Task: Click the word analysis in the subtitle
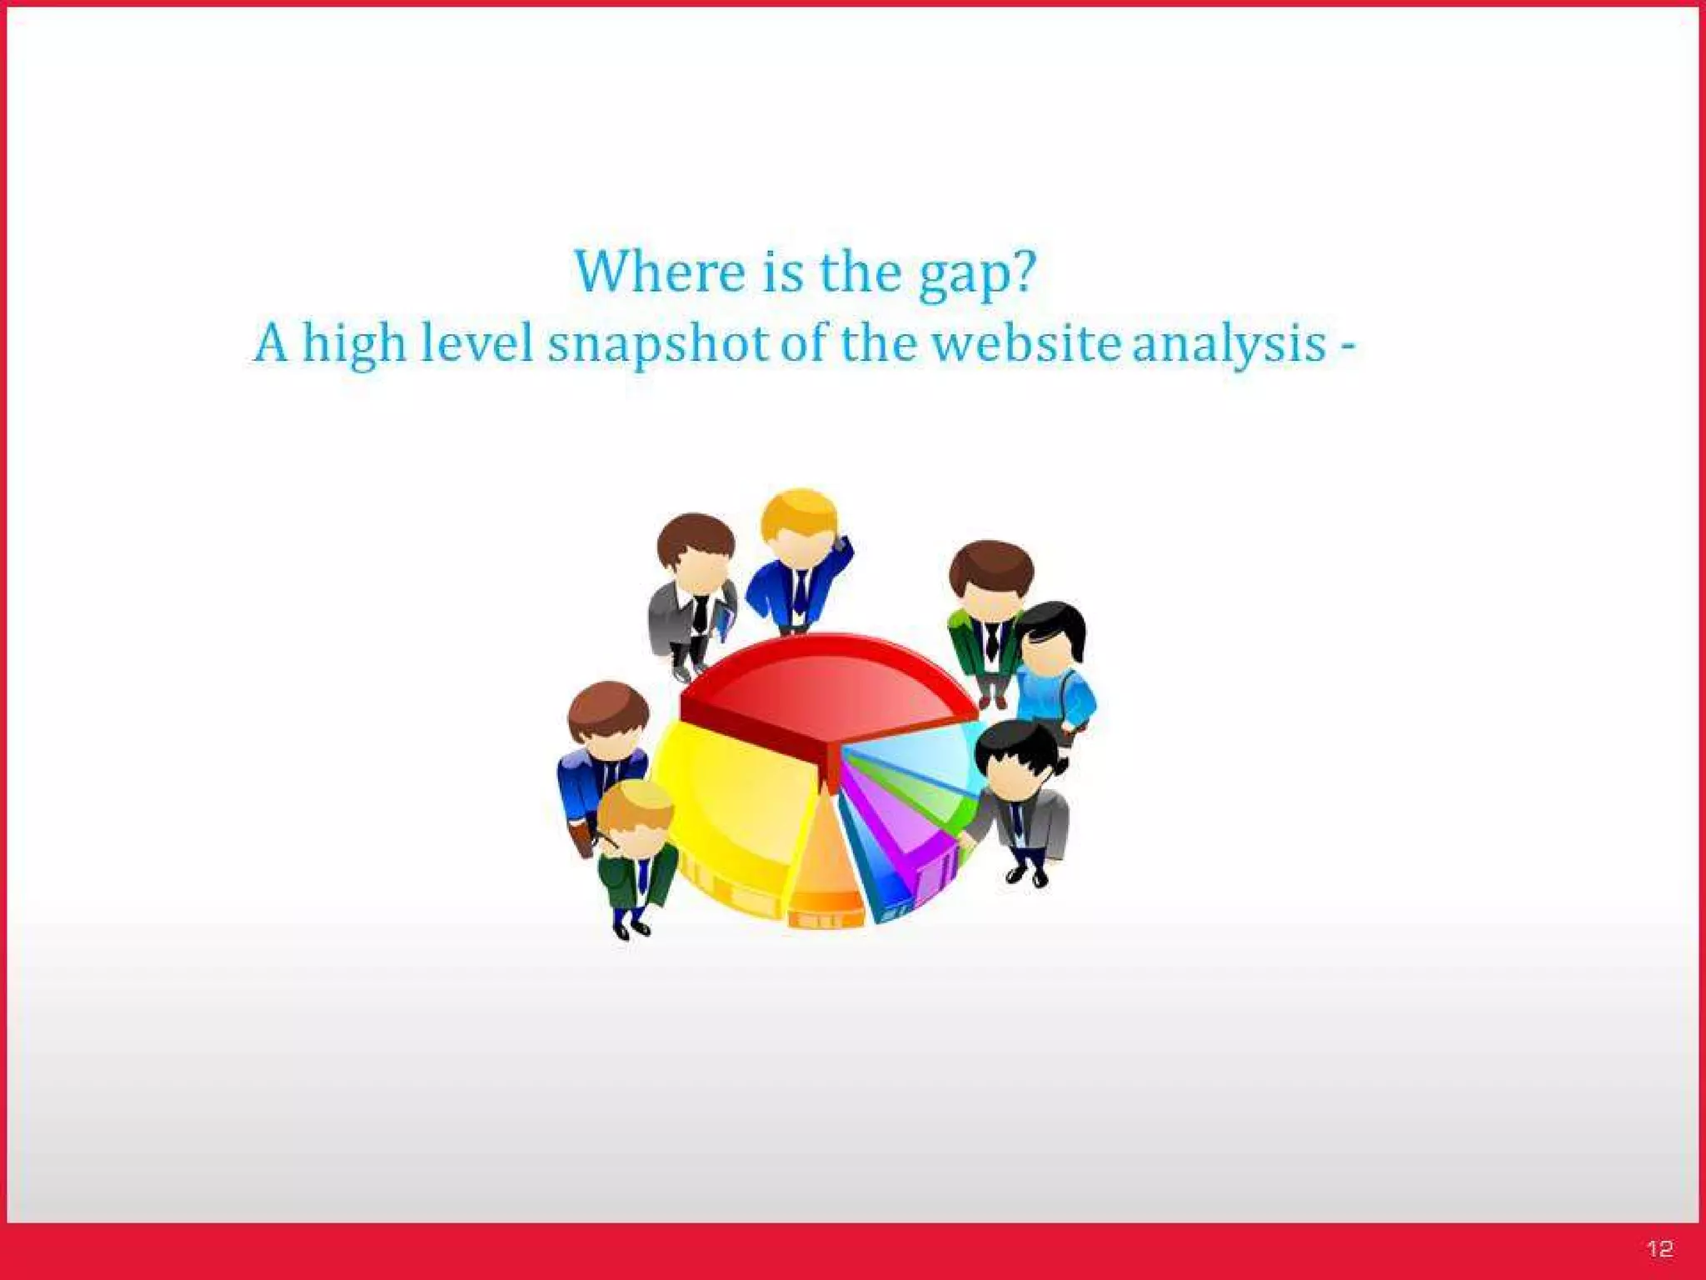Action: coord(1229,343)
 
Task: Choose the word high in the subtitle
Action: coord(353,343)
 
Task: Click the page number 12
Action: coord(1659,1248)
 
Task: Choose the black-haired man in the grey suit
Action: coord(1020,800)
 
